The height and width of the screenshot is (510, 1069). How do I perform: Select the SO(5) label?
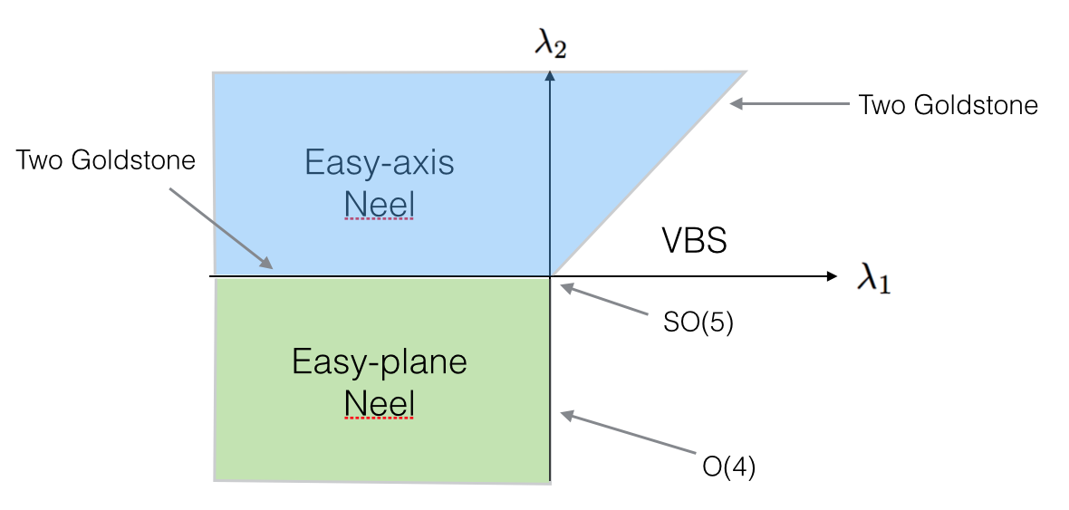[698, 323]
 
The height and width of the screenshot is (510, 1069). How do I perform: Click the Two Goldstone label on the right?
[948, 105]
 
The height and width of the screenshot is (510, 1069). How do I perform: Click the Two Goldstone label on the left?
[106, 161]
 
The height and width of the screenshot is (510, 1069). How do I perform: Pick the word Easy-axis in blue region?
[380, 164]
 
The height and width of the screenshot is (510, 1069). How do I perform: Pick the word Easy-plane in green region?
[380, 362]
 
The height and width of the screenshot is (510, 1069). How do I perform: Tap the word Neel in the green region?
[379, 404]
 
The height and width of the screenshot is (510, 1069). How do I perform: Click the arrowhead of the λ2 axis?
[550, 75]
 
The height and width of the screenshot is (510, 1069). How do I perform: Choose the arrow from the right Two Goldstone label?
[788, 104]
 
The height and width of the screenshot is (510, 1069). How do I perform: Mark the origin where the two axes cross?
[550, 275]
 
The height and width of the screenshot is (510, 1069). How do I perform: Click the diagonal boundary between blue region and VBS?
[648, 174]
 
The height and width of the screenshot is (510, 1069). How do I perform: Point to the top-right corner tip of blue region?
[745, 72]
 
